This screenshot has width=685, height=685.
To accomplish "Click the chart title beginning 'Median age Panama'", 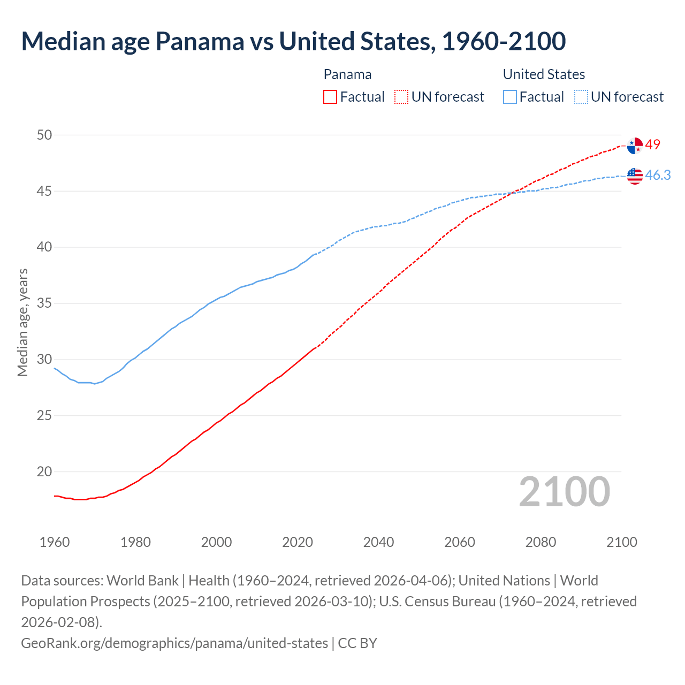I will pos(293,42).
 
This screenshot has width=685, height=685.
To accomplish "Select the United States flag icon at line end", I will pos(635,176).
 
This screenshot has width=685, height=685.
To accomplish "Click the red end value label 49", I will pos(653,144).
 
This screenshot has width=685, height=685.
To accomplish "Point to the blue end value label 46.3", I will pos(658,176).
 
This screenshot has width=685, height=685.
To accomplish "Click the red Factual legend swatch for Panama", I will pos(330,97).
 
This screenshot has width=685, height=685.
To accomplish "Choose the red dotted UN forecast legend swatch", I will pos(401,97).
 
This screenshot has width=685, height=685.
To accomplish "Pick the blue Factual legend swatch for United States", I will pos(510,97).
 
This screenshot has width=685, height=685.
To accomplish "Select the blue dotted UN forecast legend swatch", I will pos(581,97).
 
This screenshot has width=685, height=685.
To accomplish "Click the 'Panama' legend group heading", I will pos(347,74).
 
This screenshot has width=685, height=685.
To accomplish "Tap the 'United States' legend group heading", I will pos(544,74).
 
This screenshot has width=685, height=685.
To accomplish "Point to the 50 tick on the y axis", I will pos(44,135).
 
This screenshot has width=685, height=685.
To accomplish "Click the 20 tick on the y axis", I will pos(44,471).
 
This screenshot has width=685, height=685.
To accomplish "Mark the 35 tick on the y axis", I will pos(44,303).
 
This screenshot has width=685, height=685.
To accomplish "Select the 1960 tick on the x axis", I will pos(55,542).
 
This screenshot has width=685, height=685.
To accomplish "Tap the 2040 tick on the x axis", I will pos(378,542).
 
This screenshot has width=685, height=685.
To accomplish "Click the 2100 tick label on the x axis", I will pos(621,542).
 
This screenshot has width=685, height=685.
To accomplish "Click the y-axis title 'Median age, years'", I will pos(23,323).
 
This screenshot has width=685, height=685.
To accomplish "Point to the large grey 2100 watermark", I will pos(564,492).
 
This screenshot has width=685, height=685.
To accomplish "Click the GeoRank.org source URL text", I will pos(174,643).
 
